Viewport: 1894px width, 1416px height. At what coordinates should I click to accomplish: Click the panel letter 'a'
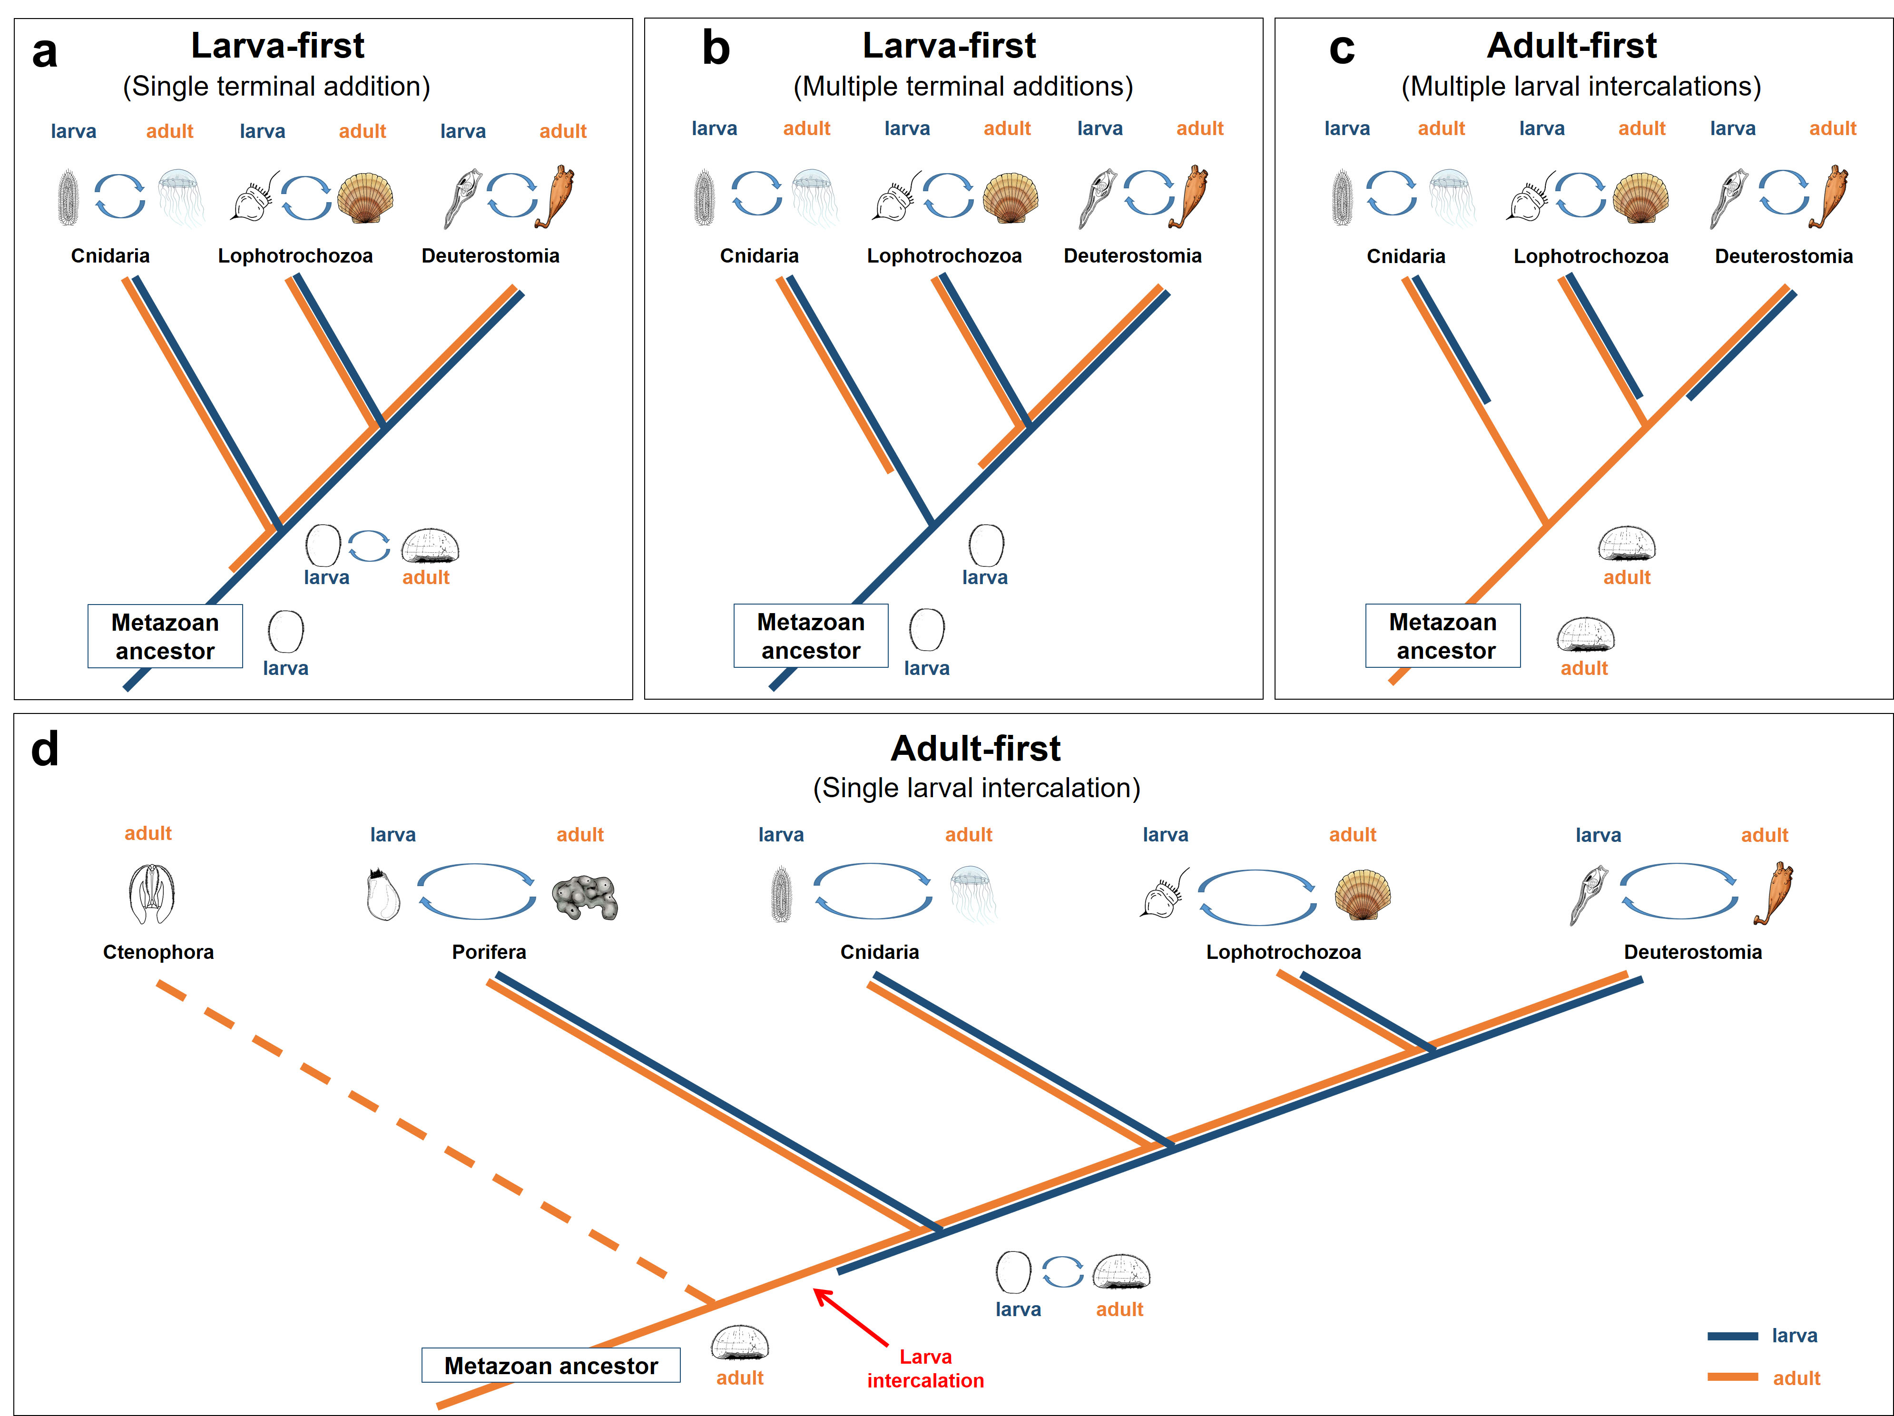tap(45, 51)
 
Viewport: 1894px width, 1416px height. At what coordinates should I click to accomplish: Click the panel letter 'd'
tap(45, 750)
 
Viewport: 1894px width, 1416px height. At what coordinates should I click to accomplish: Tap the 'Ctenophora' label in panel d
tap(158, 952)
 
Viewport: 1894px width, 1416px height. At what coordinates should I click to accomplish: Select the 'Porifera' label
tap(489, 952)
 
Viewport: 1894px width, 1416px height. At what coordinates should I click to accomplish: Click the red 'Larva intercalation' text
tap(926, 1368)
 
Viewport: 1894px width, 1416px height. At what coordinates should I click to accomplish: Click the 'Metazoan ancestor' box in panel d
tap(550, 1366)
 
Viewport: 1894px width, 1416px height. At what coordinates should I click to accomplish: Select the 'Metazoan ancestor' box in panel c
tap(1443, 636)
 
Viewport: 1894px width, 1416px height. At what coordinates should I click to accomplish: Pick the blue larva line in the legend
tap(1732, 1336)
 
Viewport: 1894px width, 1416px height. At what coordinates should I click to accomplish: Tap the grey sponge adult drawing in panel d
tap(585, 897)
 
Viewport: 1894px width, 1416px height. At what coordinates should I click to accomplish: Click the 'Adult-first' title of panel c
tap(1571, 45)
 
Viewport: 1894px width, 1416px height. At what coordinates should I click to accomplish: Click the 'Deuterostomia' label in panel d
tap(1693, 952)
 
